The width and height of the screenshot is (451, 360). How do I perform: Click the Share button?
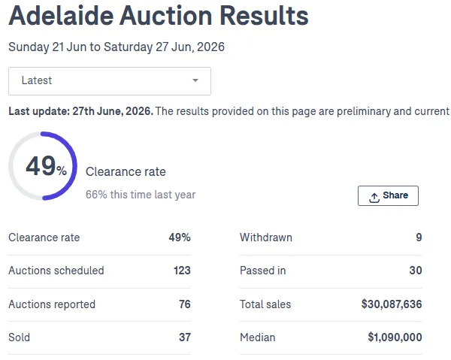388,195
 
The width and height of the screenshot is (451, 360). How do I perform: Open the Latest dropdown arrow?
195,80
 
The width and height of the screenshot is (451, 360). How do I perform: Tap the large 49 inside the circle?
41,165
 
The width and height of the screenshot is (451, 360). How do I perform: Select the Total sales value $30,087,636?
392,304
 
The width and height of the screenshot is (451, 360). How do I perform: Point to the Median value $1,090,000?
395,337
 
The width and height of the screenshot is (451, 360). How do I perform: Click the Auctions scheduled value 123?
182,271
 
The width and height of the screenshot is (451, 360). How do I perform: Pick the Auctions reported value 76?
185,304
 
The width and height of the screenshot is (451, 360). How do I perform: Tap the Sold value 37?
185,337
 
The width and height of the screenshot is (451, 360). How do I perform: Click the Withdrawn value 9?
419,237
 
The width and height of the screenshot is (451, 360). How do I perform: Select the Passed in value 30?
416,271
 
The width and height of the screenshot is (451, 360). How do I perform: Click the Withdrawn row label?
266,237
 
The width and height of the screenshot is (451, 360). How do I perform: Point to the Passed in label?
263,271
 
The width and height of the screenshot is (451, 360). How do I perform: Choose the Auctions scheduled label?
56,271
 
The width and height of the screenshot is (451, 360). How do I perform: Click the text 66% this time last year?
141,195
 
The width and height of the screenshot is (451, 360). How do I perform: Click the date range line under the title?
117,47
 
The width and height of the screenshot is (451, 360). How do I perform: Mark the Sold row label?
20,337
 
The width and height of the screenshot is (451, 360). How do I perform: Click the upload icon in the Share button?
374,198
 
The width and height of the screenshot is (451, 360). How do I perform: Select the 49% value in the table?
180,237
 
